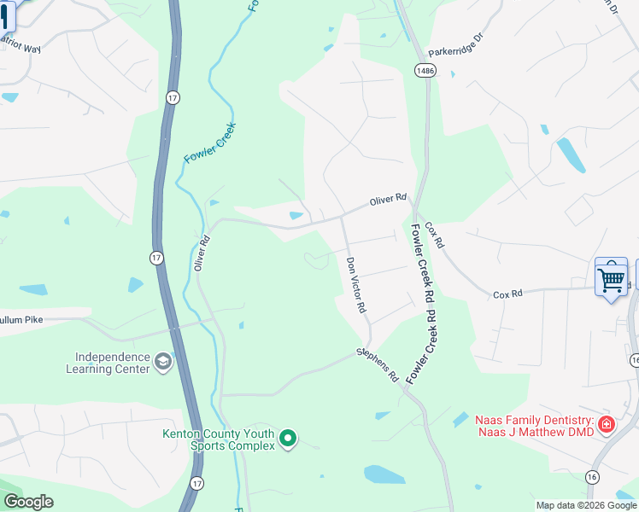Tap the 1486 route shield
tap(425, 69)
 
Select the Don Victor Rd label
tap(356, 284)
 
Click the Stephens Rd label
tap(378, 364)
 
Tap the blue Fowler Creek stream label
tap(209, 143)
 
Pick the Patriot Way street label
tap(21, 45)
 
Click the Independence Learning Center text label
tap(107, 364)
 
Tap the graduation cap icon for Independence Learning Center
tap(162, 364)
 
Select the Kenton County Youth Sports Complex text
tap(220, 439)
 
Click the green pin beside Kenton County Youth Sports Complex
tap(288, 439)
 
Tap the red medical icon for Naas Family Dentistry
tap(607, 424)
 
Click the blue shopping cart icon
tap(611, 277)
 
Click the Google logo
tap(28, 502)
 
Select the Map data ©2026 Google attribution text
tap(586, 505)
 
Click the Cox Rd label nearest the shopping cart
tap(507, 294)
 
